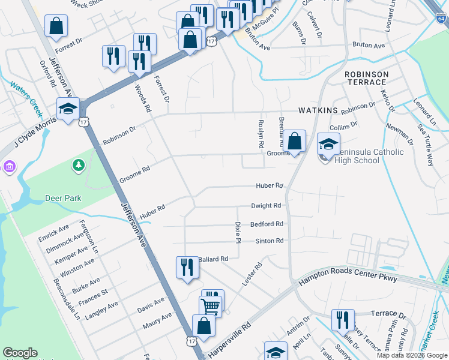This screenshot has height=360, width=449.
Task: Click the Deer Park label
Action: [x=63, y=198]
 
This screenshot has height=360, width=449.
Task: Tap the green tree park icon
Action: [x=77, y=164]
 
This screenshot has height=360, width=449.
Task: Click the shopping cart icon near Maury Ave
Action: [x=211, y=306]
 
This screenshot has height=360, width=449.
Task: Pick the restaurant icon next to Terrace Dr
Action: [x=342, y=320]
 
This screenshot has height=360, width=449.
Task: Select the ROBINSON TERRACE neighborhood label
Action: [x=366, y=78]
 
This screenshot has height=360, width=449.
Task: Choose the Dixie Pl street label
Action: [x=238, y=227]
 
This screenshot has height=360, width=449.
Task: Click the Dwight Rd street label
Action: [x=266, y=205]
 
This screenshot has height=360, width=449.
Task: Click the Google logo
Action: [x=20, y=353]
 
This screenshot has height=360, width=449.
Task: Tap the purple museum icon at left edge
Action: [x=8, y=166]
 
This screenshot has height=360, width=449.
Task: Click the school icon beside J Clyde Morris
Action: [x=68, y=109]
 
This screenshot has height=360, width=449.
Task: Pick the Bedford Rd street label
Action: [x=267, y=224]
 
